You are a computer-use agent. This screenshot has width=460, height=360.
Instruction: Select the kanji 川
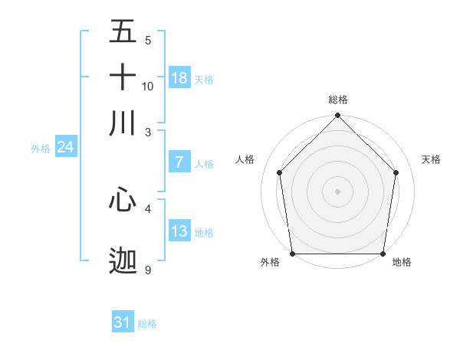pos(123,123)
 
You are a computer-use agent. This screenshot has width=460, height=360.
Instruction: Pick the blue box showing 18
pos(179,78)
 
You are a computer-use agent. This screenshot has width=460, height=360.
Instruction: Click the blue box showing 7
pos(179,162)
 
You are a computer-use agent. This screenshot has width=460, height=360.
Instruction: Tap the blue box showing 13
pos(179,231)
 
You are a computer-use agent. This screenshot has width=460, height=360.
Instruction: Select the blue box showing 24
pos(65,147)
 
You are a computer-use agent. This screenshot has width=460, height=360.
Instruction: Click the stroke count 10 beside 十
pos(148,86)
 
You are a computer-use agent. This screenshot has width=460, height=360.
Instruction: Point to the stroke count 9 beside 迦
pos(147,270)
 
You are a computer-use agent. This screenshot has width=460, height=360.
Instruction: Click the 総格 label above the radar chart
pos(338,100)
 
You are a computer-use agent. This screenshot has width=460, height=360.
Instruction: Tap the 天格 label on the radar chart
pos(431,159)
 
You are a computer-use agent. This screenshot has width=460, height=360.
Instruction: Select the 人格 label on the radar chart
pos(245,159)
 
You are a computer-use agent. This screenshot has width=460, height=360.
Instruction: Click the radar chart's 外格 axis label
pos(270,263)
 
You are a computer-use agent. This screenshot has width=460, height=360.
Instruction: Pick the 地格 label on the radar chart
pos(402,263)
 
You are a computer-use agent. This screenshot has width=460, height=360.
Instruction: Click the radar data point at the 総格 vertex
pos(338,116)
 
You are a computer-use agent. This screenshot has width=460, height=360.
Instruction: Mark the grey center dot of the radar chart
pos(338,191)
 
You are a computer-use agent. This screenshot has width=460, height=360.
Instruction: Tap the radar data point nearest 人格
pos(280,172)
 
